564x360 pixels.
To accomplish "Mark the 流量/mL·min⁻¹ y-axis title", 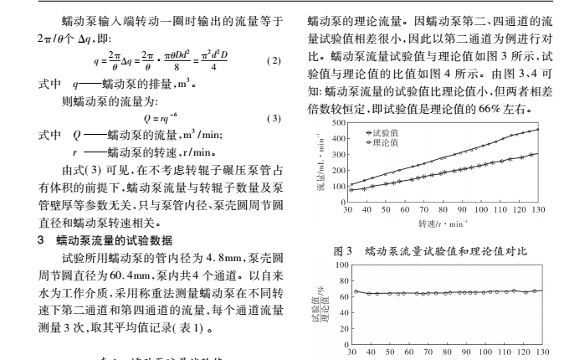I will click(x=322, y=162).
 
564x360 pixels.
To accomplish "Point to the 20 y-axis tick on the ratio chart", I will click(x=341, y=329).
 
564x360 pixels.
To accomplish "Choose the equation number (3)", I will click(x=272, y=119).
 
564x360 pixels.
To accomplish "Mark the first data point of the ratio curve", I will click(x=356, y=291).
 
